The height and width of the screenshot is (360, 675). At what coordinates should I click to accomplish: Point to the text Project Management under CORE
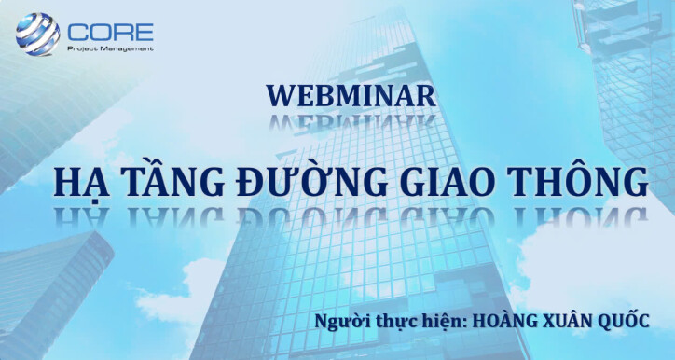pyautogui.click(x=109, y=48)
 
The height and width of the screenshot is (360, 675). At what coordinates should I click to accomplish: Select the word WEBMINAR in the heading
pyautogui.click(x=351, y=95)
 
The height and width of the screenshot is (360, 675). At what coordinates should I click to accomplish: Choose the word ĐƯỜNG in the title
pyautogui.click(x=309, y=182)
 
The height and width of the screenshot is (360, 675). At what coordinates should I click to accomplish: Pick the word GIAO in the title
pyautogui.click(x=451, y=182)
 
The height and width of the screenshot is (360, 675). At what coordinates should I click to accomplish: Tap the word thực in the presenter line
pyautogui.click(x=393, y=322)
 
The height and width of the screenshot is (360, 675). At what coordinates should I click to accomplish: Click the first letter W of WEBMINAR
pyautogui.click(x=277, y=95)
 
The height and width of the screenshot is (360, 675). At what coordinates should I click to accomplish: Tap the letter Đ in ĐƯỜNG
pyautogui.click(x=253, y=183)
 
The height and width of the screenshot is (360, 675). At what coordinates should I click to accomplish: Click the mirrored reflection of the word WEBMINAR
pyautogui.click(x=351, y=121)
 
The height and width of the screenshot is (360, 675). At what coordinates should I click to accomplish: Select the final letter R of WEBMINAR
pyautogui.click(x=425, y=95)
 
